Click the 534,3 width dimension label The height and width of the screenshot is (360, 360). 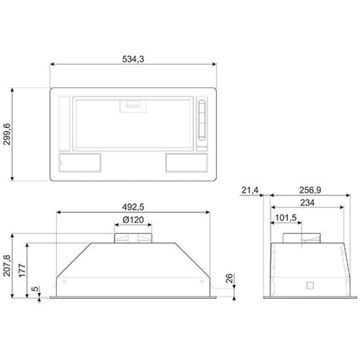pos(133,59)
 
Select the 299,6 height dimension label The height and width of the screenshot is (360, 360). pos(7,134)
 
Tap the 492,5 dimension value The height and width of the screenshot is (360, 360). pos(133,207)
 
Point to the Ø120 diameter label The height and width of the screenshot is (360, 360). pos(133,219)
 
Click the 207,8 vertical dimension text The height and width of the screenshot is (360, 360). pos(7,265)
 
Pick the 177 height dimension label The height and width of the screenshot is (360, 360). pos(22,270)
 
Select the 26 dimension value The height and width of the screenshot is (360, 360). pos(229,278)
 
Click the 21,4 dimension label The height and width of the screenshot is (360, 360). pos(250,190)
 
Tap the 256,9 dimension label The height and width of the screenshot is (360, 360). pos(310,190)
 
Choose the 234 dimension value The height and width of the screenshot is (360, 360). pos(307,202)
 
